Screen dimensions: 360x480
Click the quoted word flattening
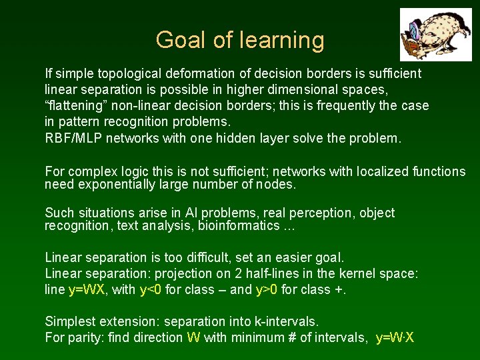(75, 105)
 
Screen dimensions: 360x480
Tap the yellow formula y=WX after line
(89, 289)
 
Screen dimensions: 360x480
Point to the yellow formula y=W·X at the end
(395, 337)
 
